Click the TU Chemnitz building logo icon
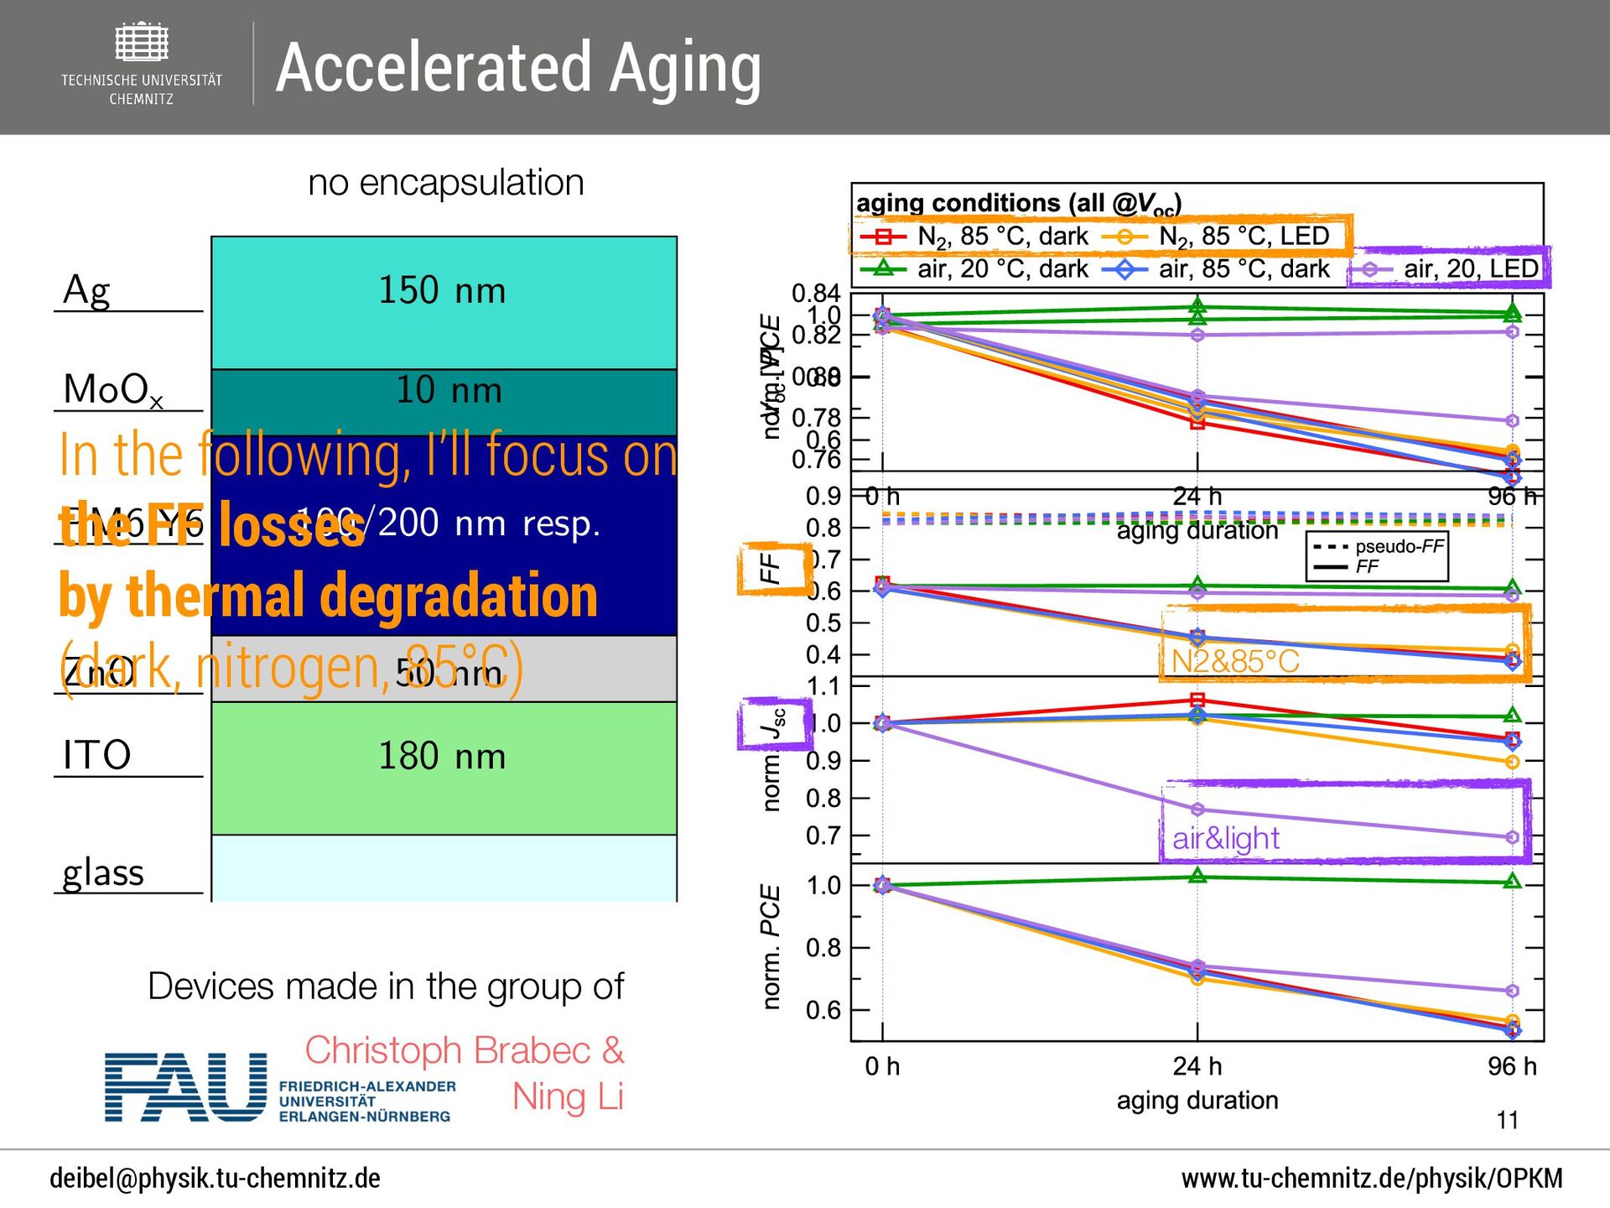(142, 42)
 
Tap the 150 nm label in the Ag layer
(442, 290)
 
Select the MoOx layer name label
(113, 390)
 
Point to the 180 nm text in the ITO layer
(442, 756)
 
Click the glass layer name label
(103, 872)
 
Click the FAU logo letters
(185, 1087)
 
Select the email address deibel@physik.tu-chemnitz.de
(215, 1179)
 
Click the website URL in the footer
(1372, 1179)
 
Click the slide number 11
(1507, 1120)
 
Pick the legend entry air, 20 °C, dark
(1002, 269)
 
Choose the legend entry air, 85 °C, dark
(1244, 269)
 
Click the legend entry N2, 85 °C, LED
(1244, 237)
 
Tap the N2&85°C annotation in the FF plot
(1234, 661)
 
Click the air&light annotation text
(1226, 838)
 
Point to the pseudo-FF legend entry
(1399, 547)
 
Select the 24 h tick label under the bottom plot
(1197, 1066)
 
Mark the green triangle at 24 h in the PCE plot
(1197, 876)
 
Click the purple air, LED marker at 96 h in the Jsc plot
(1512, 837)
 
